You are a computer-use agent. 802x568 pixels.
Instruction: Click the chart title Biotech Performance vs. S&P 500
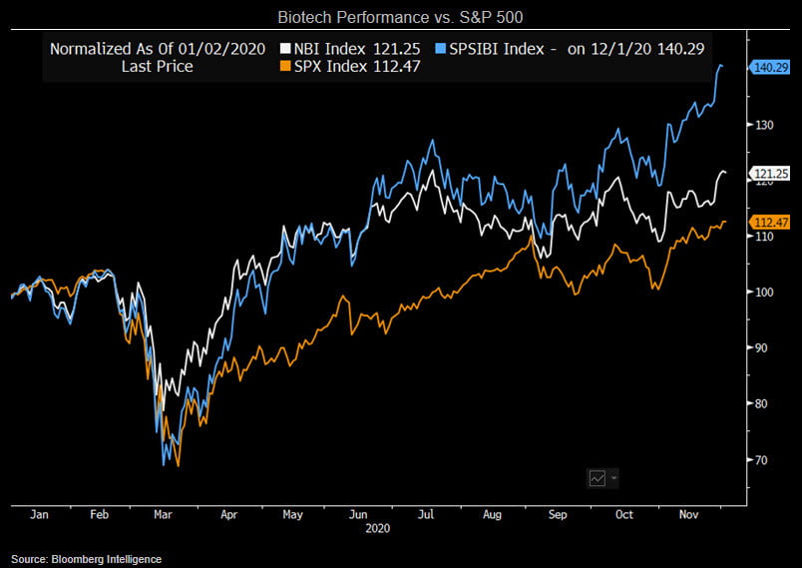400,18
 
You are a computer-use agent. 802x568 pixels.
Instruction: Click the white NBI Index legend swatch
286,48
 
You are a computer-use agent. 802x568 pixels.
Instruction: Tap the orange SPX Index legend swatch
286,66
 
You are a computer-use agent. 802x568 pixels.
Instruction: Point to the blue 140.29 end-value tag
769,68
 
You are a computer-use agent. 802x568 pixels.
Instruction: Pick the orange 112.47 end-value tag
770,222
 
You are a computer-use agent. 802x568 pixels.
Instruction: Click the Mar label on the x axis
163,516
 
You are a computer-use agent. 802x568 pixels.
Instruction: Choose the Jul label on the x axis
425,516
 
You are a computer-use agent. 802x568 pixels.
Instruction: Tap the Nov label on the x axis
688,516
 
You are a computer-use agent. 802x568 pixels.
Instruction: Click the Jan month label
40,516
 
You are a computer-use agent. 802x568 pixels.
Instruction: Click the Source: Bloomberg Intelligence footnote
87,559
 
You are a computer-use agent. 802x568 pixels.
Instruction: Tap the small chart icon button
599,478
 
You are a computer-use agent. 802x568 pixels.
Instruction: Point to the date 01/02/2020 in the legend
220,48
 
